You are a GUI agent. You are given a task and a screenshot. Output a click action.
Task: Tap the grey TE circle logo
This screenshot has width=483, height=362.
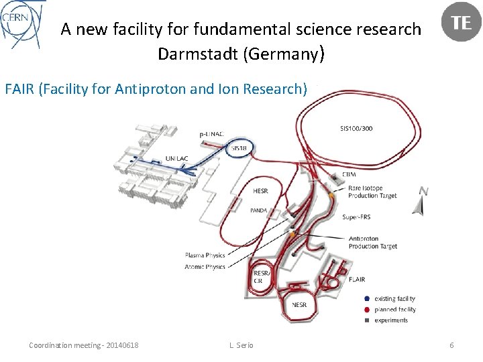tap(461, 23)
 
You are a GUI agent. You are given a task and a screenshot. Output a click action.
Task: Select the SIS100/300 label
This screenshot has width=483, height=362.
tap(356, 128)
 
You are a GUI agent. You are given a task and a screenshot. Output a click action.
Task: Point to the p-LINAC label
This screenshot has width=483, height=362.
tap(212, 134)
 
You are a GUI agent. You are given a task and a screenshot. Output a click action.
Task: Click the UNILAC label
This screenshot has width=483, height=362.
tap(176, 159)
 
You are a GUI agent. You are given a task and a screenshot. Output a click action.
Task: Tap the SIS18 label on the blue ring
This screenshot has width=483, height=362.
tap(239, 147)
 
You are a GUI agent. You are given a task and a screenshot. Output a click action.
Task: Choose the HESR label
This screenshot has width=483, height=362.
tap(261, 191)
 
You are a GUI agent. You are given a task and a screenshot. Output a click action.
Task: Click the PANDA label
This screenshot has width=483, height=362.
tap(259, 210)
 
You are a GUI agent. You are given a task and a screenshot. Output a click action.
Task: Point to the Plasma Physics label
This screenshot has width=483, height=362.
tap(205, 255)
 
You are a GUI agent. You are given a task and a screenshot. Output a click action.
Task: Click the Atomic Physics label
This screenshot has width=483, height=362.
tap(205, 266)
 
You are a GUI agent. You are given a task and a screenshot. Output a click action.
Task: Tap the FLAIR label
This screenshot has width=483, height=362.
tap(358, 280)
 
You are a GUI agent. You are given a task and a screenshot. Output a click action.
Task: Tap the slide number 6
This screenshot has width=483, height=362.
tap(451, 345)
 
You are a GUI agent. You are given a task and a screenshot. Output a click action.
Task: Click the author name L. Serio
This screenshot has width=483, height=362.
tap(241, 345)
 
